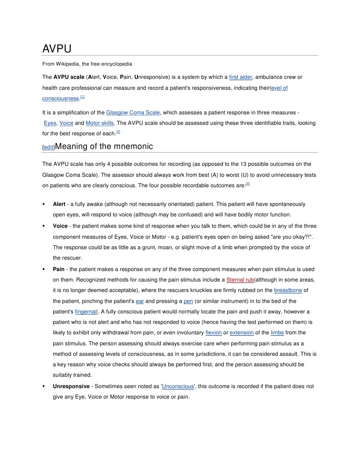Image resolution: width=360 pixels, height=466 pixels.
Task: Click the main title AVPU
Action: pos(57,48)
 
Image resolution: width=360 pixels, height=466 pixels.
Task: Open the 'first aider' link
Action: pos(241,77)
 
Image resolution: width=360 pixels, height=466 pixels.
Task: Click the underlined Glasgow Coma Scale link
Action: pos(133,113)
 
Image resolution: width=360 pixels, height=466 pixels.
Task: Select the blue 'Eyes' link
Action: pos(50,123)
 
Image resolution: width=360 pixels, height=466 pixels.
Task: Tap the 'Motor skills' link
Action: pos(100,123)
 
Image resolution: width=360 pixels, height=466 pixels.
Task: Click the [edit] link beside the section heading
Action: pos(48,147)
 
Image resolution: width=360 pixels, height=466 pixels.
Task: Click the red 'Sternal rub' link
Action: pos(240,280)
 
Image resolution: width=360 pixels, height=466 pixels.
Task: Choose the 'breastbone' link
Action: pos(288,290)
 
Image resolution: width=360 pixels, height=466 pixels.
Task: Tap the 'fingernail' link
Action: pos(86,312)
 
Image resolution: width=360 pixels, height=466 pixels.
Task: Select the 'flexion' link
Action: pos(213,333)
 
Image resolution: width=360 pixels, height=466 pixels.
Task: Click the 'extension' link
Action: pos(242,333)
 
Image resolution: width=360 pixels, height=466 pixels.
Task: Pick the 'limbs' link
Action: pos(277,333)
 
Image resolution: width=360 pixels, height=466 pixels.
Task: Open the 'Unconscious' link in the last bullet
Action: pos(178,386)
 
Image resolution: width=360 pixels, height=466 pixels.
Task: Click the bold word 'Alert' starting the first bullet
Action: pos(59,204)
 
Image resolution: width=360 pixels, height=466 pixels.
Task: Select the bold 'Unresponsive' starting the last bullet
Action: pos(71,386)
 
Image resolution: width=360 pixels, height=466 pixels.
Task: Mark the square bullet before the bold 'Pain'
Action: pos(44,269)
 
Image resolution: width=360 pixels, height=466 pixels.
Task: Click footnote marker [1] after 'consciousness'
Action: pos(82,97)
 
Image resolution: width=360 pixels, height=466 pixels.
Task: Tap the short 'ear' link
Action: pos(140,301)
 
